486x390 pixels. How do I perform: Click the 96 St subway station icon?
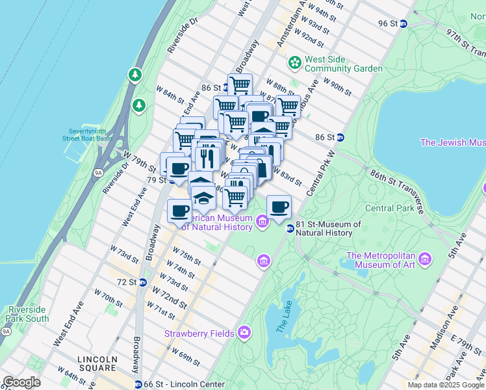tap(403, 23)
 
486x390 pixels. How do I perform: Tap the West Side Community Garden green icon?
tap(295, 63)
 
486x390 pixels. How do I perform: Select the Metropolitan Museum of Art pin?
tap(426, 259)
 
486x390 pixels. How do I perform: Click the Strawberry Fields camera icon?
tap(244, 333)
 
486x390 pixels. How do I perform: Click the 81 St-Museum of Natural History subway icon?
tap(290, 229)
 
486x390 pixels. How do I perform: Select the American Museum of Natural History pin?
tap(262, 223)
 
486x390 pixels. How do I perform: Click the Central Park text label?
tap(389, 209)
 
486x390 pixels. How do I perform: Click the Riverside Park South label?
tap(27, 314)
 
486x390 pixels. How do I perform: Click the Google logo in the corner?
tap(21, 382)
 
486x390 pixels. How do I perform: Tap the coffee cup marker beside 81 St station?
tap(279, 207)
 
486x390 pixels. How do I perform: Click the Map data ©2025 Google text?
tap(445, 385)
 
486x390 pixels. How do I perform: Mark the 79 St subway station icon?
tap(172, 180)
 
